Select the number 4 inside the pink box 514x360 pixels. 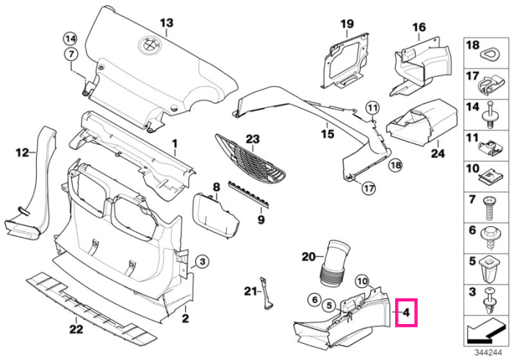click(x=406, y=312)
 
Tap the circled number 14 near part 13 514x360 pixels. click(x=70, y=40)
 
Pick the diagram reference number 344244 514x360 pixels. click(x=488, y=353)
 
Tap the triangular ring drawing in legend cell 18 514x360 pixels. click(x=491, y=54)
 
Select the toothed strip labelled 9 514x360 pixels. click(x=248, y=194)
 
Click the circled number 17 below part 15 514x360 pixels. click(x=369, y=188)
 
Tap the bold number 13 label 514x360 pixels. click(x=167, y=23)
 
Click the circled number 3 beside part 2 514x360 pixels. click(x=202, y=262)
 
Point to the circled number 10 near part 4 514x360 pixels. click(x=362, y=281)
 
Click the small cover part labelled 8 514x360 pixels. click(x=215, y=215)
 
